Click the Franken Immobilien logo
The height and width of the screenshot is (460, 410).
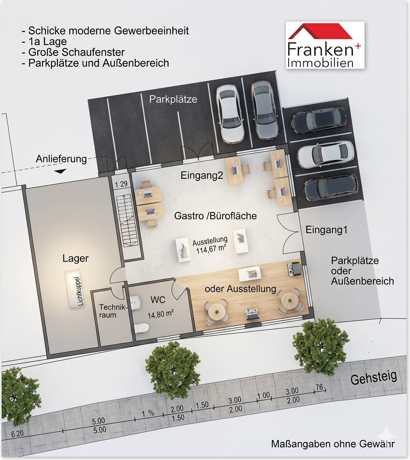click(325, 45)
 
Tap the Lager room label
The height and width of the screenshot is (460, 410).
click(76, 259)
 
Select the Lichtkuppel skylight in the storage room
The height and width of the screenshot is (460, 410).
click(75, 289)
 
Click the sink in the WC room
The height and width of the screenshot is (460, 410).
click(136, 303)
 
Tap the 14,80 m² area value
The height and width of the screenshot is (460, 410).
click(160, 315)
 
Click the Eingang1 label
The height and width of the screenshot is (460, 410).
click(326, 230)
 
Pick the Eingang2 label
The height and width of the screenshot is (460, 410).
click(202, 175)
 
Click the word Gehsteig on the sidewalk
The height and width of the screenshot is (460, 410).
click(373, 377)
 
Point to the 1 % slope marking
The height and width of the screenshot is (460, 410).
click(148, 414)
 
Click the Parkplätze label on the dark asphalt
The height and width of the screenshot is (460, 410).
click(173, 99)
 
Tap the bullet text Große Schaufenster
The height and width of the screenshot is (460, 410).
click(74, 52)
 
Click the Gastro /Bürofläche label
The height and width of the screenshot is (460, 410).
click(215, 216)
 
